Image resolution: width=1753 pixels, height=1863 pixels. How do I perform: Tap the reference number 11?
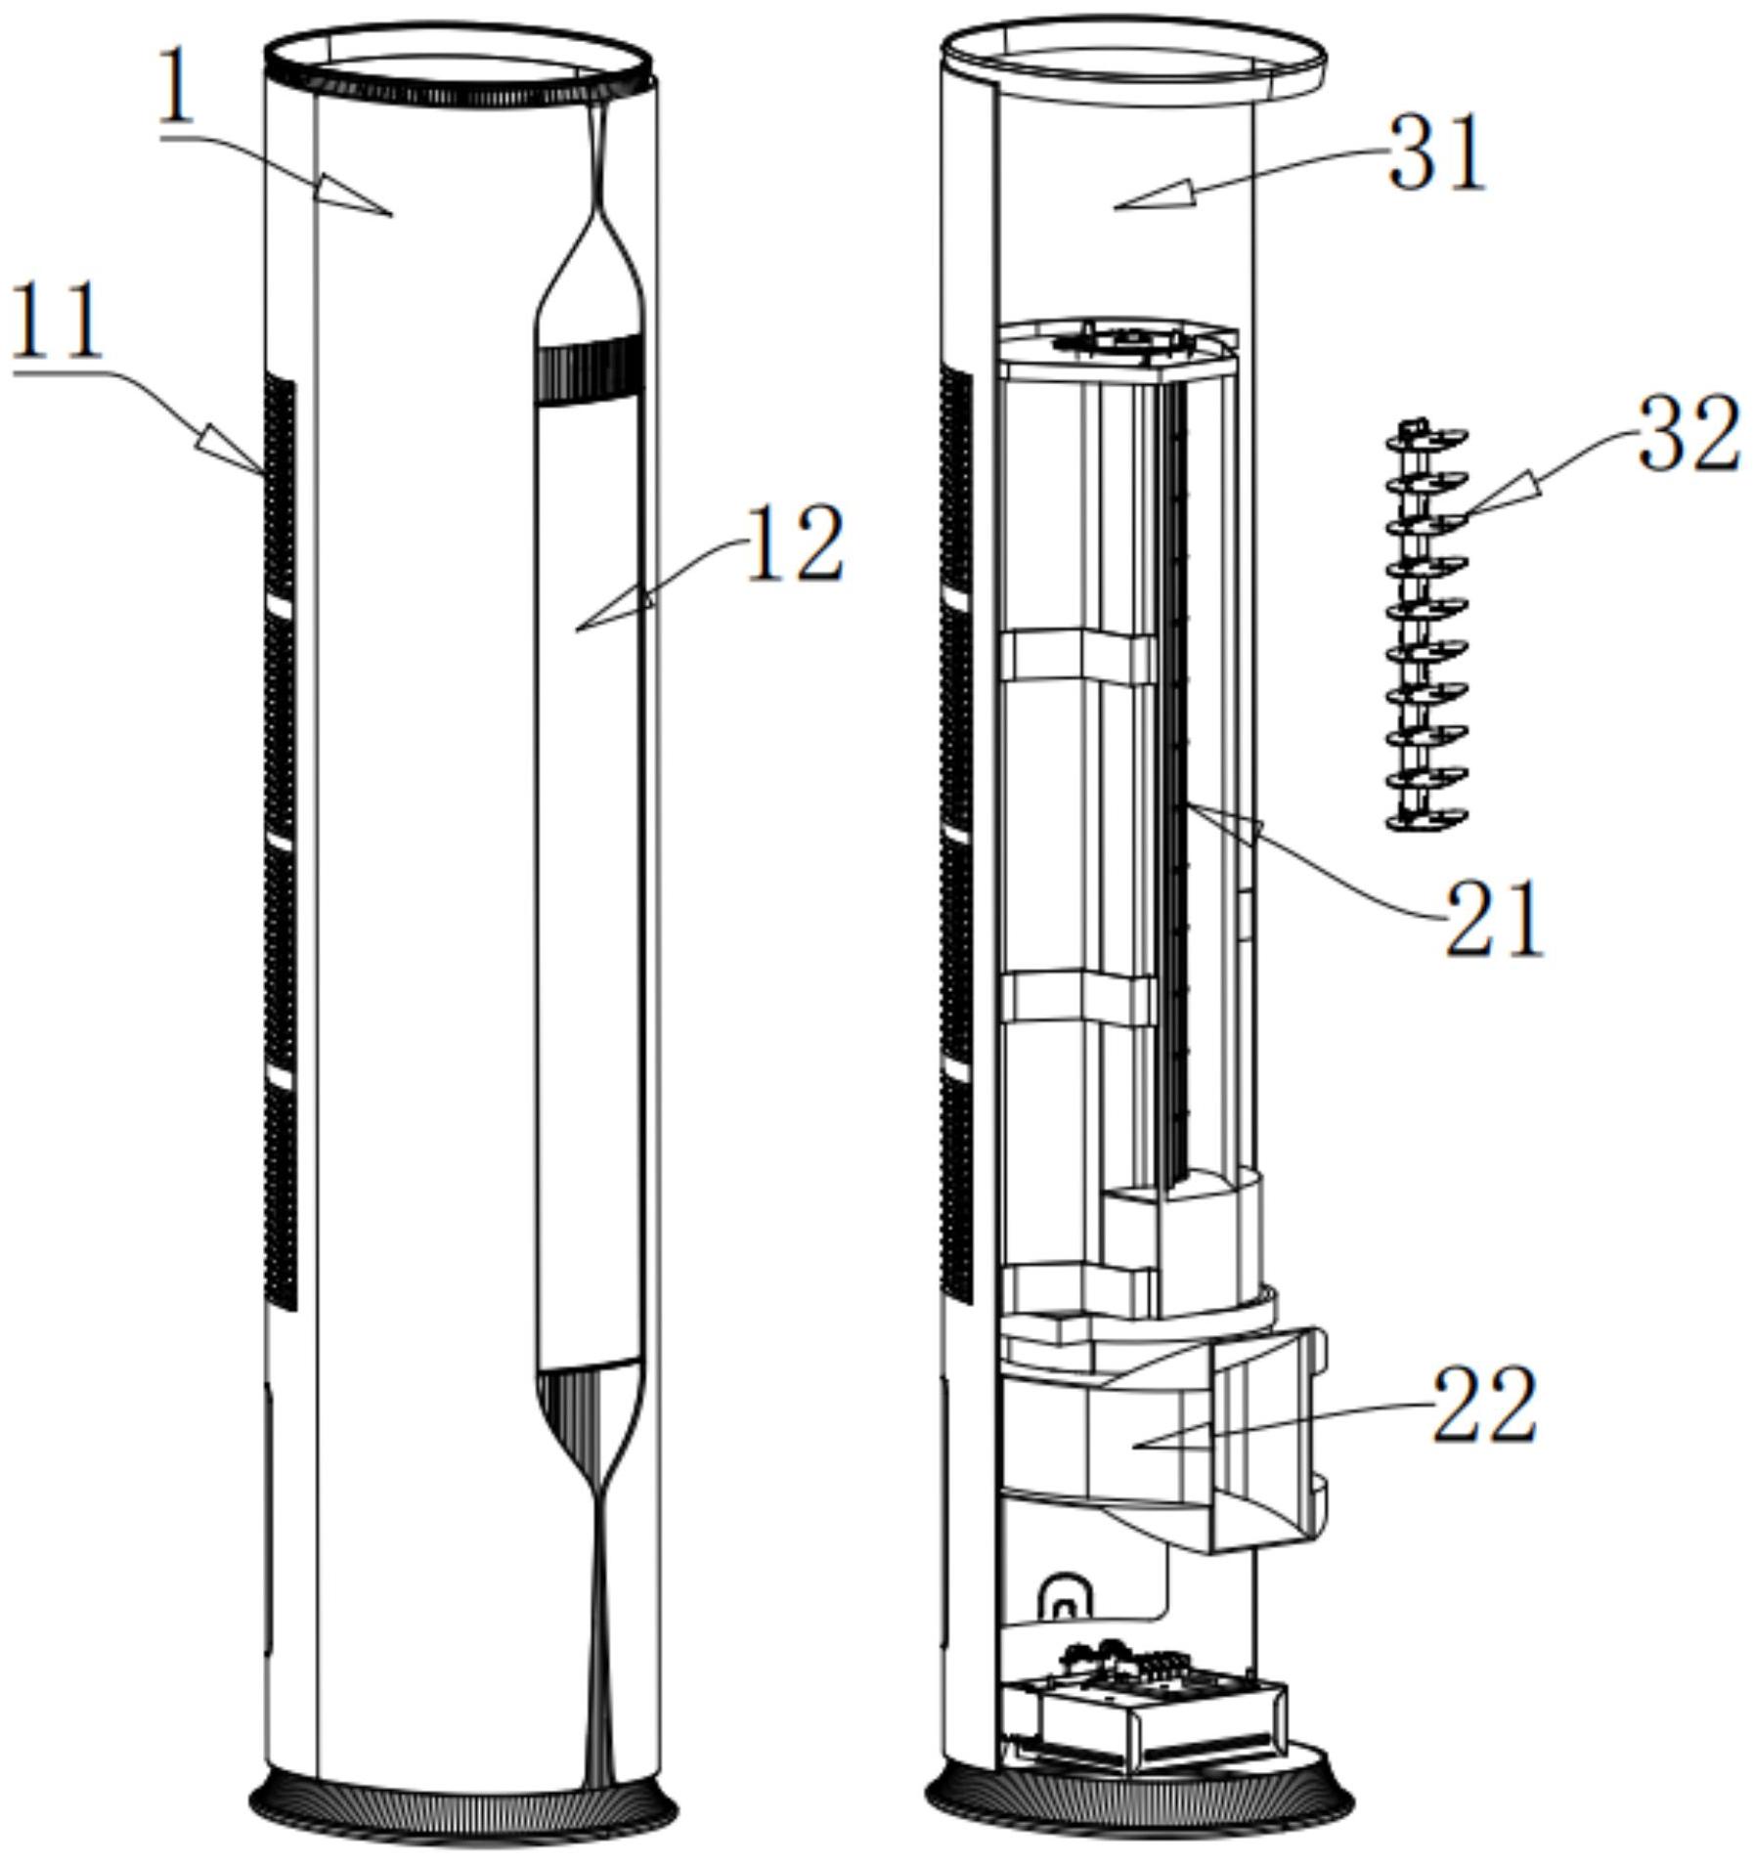(x=57, y=320)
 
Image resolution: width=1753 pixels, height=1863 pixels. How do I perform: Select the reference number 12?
(x=794, y=544)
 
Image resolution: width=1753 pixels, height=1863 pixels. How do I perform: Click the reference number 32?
(x=1689, y=435)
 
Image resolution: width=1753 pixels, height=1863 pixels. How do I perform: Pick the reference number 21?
(x=1494, y=918)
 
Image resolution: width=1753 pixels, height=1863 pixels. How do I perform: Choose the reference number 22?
(x=1484, y=1405)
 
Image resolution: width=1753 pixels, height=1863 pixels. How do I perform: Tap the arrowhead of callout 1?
(x=358, y=195)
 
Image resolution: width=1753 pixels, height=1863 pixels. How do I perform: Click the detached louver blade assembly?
(x=1427, y=627)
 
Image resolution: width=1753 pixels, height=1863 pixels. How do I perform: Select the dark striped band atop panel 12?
(x=590, y=370)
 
